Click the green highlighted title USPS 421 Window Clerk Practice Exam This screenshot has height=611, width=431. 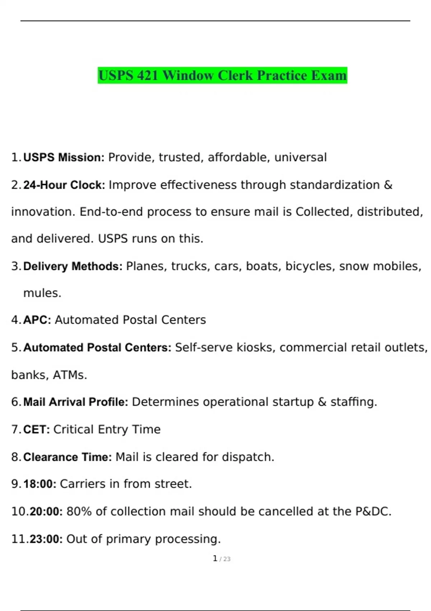[x=222, y=75]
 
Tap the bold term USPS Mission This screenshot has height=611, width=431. [x=64, y=157]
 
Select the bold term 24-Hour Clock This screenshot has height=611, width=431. [x=64, y=185]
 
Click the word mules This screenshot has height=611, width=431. [x=42, y=293]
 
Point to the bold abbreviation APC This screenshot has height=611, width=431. [x=37, y=320]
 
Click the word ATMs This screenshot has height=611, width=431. [x=70, y=375]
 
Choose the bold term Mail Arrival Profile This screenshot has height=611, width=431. [x=75, y=402]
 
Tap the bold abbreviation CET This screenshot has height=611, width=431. [x=36, y=429]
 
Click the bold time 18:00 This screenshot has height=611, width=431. [x=40, y=484]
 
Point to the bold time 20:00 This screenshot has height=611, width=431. [x=46, y=511]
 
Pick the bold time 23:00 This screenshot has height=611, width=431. [x=46, y=539]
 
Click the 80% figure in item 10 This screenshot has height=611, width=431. [x=79, y=511]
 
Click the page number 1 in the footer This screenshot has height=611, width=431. [x=215, y=559]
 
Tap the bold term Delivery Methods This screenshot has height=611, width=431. [x=73, y=266]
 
